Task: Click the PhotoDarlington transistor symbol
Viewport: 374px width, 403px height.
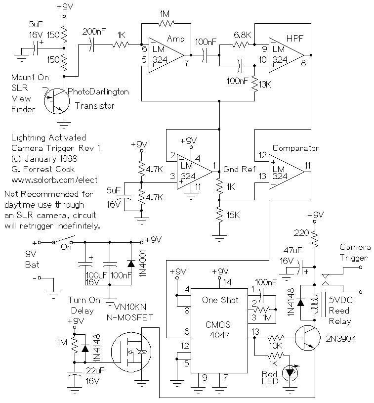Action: (x=56, y=101)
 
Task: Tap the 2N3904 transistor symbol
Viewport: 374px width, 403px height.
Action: (x=307, y=338)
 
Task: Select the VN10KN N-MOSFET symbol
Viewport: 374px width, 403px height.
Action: (x=131, y=352)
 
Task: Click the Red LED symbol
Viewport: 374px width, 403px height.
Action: (x=290, y=373)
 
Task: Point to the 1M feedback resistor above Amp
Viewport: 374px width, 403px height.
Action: (x=166, y=24)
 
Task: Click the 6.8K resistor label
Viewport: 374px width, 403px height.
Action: (x=242, y=35)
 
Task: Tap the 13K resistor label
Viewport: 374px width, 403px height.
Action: (x=265, y=85)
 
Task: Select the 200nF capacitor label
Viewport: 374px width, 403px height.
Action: (x=94, y=32)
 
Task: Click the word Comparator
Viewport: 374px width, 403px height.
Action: (x=295, y=148)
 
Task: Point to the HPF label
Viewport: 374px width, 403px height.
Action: (x=295, y=39)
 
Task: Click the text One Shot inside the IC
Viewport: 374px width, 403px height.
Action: (x=220, y=300)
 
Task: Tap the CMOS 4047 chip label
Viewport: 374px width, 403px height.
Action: (x=218, y=330)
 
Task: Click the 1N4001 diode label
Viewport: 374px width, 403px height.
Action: (x=142, y=263)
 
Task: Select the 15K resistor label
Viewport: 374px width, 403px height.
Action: (x=233, y=215)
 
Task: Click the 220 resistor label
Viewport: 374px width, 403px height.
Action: (x=301, y=233)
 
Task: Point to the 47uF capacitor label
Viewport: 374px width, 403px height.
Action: (x=292, y=250)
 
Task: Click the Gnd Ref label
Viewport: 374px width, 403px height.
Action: (x=239, y=169)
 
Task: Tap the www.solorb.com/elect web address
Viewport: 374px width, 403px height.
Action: (x=54, y=180)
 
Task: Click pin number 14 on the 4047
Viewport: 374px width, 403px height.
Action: (x=227, y=282)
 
